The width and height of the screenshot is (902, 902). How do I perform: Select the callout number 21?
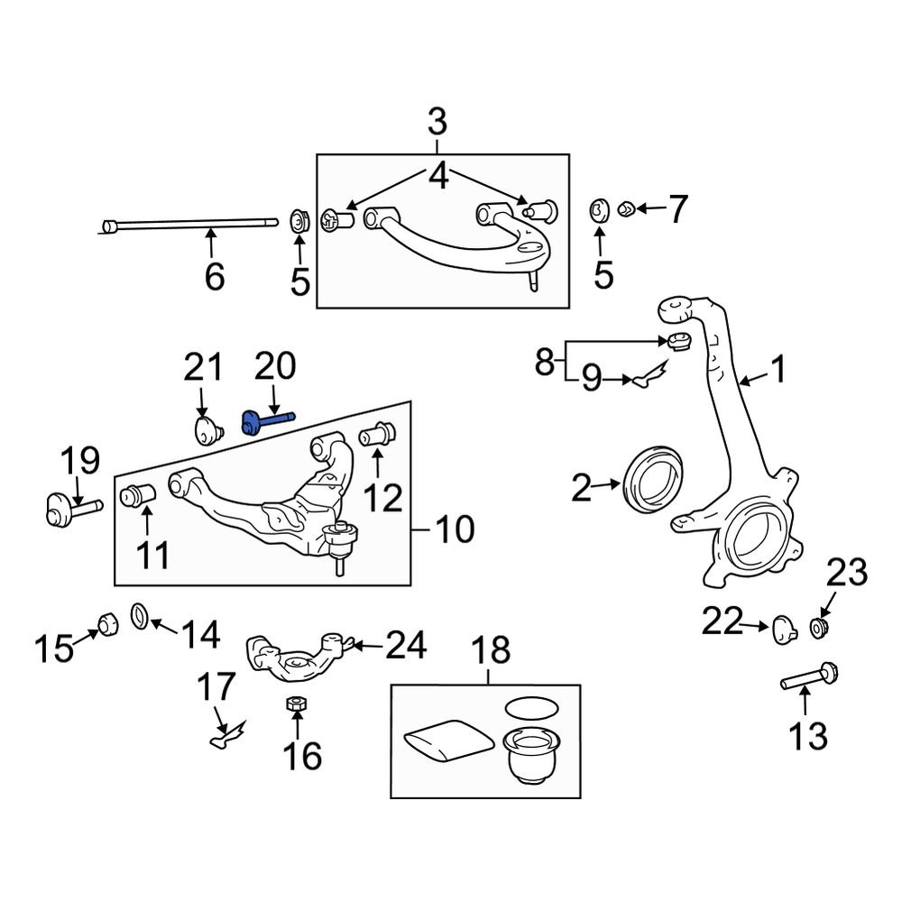202,367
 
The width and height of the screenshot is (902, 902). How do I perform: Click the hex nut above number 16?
295,704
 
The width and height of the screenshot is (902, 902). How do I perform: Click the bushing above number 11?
139,495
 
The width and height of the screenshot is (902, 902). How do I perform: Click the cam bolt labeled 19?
67,511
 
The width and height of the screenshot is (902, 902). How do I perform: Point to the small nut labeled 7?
626,210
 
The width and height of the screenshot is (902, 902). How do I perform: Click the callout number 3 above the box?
437,120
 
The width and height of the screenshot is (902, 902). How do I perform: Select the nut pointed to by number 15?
107,622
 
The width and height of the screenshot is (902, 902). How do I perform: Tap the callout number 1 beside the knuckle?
777,369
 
